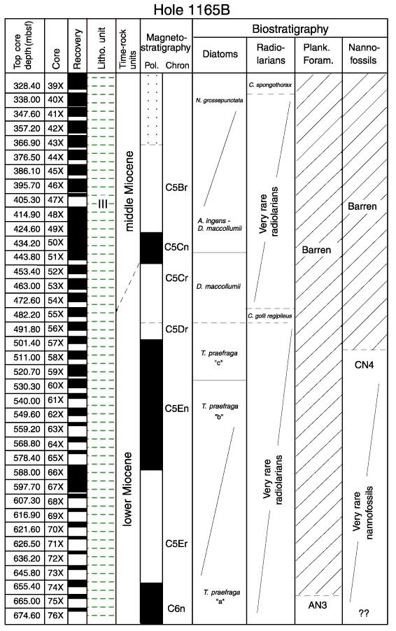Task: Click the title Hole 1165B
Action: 192,10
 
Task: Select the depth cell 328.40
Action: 27,86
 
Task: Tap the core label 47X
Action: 55,200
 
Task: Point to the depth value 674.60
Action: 27,616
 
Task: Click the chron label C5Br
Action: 176,187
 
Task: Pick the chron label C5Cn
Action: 176,247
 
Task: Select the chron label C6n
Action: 176,609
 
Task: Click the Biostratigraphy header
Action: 290,29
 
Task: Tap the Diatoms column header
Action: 220,54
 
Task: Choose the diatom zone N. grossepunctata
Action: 219,100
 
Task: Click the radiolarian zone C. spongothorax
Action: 270,85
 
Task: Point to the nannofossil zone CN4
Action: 365,365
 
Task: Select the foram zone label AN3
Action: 318,605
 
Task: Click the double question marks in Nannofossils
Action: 364,614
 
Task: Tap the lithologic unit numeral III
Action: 103,204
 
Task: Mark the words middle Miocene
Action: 129,191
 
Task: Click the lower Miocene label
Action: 127,490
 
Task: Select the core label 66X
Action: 55,472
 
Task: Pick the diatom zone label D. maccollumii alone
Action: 218,287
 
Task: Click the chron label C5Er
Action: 176,544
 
